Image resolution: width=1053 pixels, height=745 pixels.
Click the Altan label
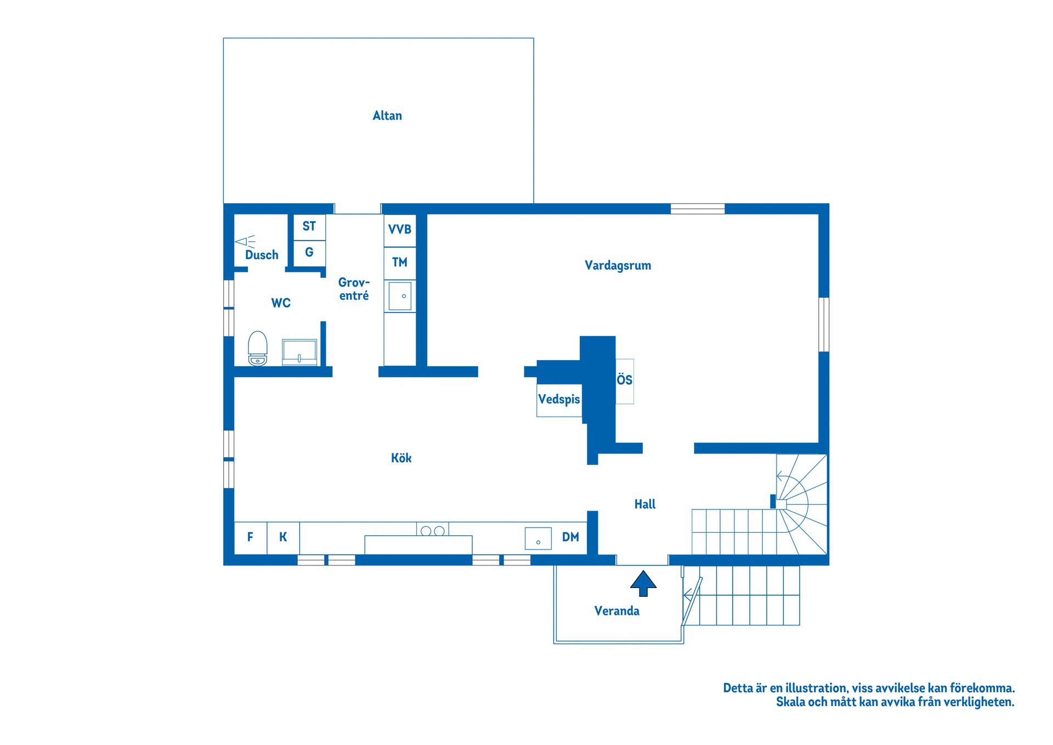387,115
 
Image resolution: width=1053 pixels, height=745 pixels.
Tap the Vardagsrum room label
618,265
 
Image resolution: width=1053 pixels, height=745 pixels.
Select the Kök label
401,457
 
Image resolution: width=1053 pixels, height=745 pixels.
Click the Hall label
645,504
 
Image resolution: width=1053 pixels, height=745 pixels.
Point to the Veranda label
617,610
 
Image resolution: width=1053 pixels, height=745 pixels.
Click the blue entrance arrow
643,583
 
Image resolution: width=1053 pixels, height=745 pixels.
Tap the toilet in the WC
258,348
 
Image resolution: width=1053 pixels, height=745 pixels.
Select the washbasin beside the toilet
299,352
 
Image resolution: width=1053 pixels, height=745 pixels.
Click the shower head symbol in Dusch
245,241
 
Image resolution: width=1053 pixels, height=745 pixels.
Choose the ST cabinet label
309,226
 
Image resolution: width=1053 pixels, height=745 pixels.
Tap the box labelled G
309,253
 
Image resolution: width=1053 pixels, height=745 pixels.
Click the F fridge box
251,538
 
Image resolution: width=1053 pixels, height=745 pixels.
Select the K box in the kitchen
283,538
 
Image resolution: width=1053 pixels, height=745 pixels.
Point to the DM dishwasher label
570,537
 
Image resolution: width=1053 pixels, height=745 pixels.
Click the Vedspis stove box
559,400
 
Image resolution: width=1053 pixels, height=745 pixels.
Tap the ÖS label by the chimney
625,379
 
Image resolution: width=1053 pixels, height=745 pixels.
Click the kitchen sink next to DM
538,539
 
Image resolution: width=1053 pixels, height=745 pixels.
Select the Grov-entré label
354,289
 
